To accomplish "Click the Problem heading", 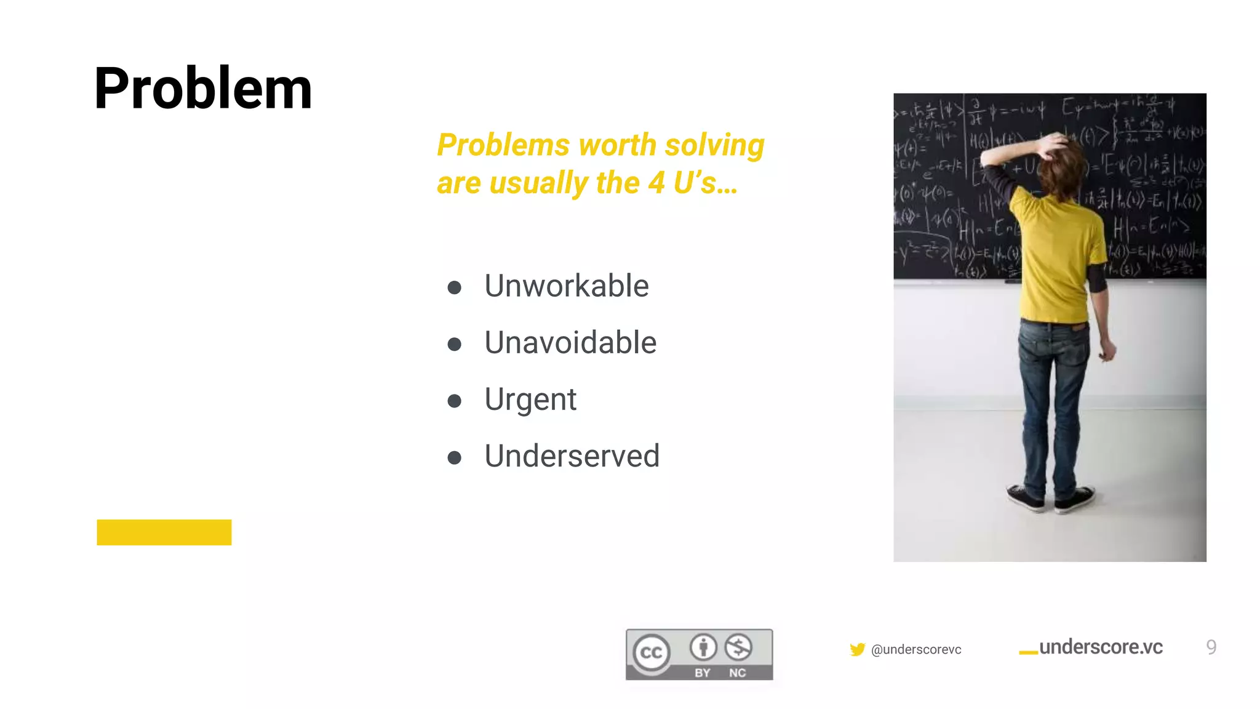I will [203, 89].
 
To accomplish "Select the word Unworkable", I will [566, 286].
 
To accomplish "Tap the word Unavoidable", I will [570, 343].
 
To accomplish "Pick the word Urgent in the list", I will [530, 400].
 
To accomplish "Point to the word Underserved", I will [572, 456].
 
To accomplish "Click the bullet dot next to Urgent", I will [455, 401].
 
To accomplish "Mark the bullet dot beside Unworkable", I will [455, 287].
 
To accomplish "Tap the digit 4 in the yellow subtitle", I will [656, 183].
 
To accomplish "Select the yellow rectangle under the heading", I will [164, 532].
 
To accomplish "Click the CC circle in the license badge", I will [652, 652].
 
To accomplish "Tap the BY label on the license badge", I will [702, 673].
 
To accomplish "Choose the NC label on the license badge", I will [737, 673].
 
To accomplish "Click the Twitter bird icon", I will [857, 649].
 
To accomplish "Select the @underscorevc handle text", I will [916, 650].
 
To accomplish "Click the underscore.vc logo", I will [1091, 647].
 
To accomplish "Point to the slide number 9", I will [1211, 647].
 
